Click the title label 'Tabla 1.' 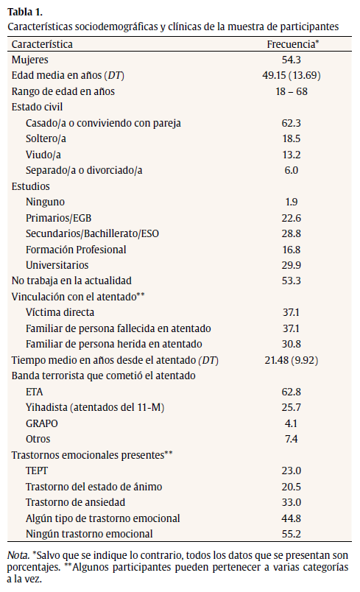[x=24, y=11]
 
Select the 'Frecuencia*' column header [x=292, y=44]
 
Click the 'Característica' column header [x=42, y=44]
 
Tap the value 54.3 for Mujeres [x=292, y=60]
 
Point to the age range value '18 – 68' [x=292, y=91]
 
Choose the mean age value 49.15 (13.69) [x=292, y=75]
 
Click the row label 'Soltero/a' [x=46, y=138]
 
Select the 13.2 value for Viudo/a [x=292, y=155]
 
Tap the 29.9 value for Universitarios [x=292, y=265]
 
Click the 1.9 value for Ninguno [x=292, y=202]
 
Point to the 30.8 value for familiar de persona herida [x=292, y=344]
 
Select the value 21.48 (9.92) [x=292, y=360]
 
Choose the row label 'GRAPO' [x=40, y=423]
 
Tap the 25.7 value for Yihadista [x=292, y=407]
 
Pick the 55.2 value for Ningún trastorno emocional [x=292, y=534]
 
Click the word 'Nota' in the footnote [x=17, y=554]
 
